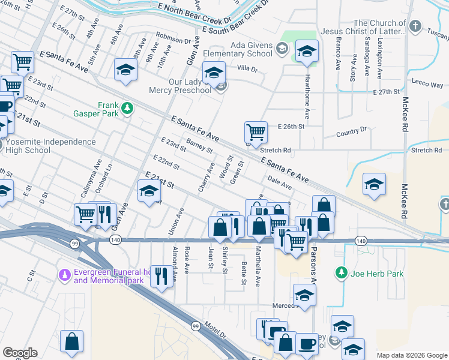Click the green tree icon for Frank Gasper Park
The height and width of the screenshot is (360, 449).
[x=127, y=108]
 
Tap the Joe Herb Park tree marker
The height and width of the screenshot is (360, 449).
[x=342, y=274]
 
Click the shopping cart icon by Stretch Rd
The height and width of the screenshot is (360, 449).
[x=256, y=132]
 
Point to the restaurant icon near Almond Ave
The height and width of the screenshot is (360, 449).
[x=160, y=277]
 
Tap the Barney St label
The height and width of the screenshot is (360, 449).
[x=199, y=146]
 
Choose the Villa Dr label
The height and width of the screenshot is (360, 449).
[x=247, y=69]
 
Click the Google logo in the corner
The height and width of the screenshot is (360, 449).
[x=20, y=353]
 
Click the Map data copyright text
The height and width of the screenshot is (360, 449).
[x=411, y=355]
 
